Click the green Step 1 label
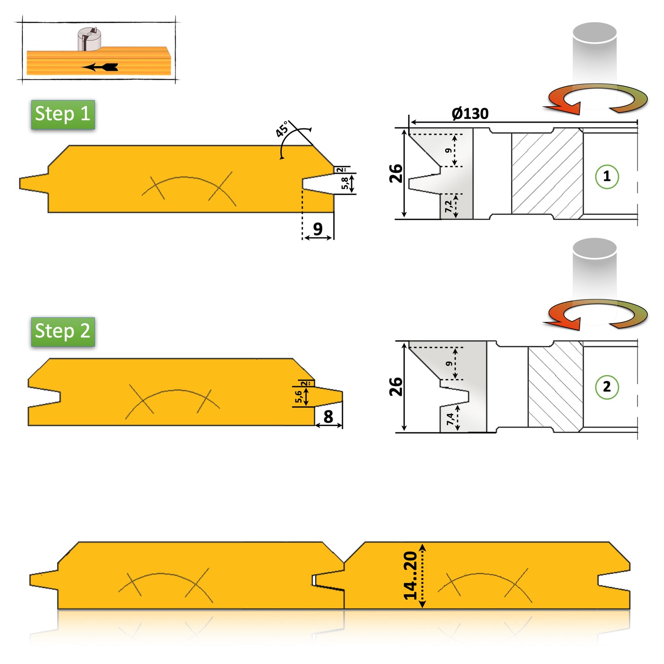click(x=63, y=114)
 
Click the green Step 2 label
click(x=63, y=331)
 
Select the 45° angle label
click(x=282, y=129)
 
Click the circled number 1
click(x=607, y=176)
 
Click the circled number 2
click(x=607, y=387)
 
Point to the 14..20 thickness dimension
click(x=410, y=576)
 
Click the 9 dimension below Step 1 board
click(x=318, y=228)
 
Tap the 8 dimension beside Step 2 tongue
click(x=328, y=416)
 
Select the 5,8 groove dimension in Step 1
click(x=345, y=183)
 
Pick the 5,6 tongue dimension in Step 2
click(x=299, y=397)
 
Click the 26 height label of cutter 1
click(x=396, y=174)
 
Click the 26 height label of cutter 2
click(x=396, y=386)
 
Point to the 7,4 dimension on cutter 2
click(x=450, y=419)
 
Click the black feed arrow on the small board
click(x=101, y=67)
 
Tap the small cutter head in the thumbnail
click(x=89, y=39)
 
